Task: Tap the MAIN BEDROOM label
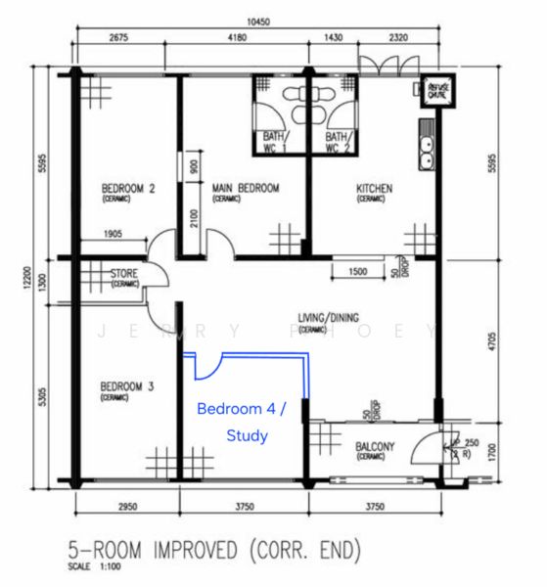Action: [x=240, y=189]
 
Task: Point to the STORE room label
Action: [x=124, y=274]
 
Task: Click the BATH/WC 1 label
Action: [x=274, y=142]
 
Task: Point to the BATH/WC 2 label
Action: [x=338, y=142]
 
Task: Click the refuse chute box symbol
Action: [x=435, y=89]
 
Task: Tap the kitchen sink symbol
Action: [x=428, y=148]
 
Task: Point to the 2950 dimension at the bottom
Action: [x=127, y=506]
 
